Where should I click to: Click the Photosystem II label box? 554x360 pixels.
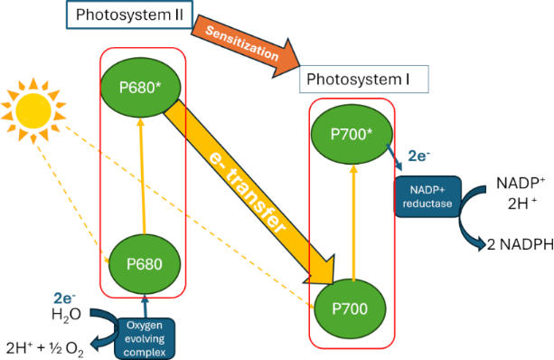129,14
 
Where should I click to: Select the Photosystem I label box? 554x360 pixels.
364,80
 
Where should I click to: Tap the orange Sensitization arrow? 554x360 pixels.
246,45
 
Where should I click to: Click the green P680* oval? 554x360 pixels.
141,87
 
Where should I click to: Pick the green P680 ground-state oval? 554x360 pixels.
145,264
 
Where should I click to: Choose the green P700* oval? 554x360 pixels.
352,134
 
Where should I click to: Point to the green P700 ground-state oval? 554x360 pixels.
350,309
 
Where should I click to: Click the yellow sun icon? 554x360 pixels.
33,110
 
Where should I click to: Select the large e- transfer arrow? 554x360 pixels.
249,193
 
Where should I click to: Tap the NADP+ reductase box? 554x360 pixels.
427,196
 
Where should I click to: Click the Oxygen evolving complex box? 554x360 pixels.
145,339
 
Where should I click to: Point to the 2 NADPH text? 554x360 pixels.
520,244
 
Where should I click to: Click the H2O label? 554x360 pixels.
66,315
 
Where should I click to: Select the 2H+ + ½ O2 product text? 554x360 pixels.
45,348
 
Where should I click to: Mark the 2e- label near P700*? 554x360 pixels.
419,156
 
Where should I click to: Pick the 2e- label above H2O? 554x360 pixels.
65,298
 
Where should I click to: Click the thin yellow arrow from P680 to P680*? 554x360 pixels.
143,175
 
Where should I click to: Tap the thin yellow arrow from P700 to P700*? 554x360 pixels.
353,223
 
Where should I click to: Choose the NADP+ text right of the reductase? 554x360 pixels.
521,184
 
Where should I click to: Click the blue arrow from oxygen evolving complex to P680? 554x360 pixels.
145,307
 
